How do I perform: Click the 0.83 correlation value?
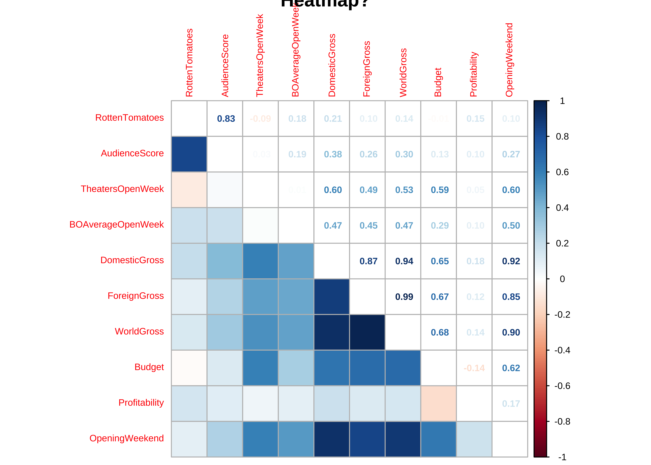coord(226,119)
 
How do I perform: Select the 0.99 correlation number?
coord(404,297)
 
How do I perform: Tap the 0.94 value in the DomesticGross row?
coord(404,261)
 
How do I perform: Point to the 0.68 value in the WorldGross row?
coord(440,332)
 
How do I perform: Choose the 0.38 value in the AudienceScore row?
coord(333,154)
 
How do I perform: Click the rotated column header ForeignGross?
coord(367,69)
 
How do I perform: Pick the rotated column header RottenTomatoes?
coord(189,63)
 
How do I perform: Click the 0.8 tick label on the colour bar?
coord(562,137)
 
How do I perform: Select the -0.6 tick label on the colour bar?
coord(562,386)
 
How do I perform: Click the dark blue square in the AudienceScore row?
coord(189,154)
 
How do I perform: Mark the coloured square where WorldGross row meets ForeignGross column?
coord(367,332)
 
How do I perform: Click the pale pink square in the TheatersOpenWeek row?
coord(189,190)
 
